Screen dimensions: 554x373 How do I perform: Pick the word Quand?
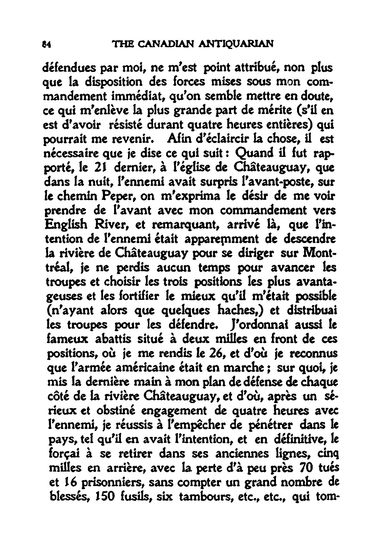pyautogui.click(x=253, y=155)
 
